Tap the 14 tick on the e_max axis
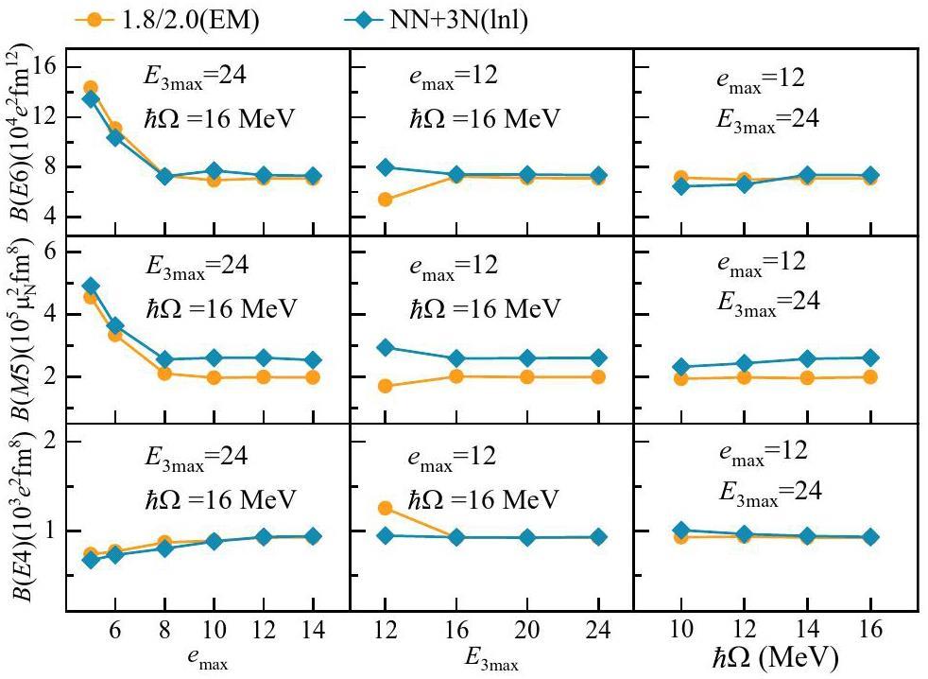(x=314, y=629)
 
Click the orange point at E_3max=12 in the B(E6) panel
(x=385, y=200)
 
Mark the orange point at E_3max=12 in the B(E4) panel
(x=385, y=508)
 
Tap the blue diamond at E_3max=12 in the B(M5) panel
(x=385, y=347)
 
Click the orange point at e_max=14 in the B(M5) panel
(x=314, y=377)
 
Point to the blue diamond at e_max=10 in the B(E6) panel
(x=215, y=171)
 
